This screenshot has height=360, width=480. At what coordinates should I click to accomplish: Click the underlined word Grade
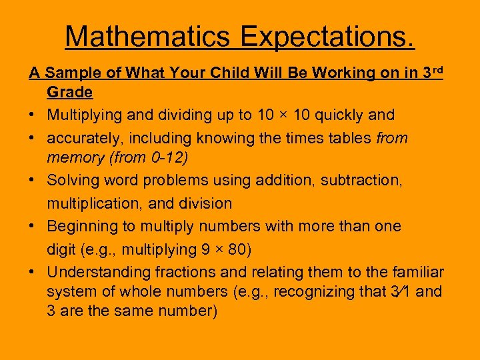click(69, 91)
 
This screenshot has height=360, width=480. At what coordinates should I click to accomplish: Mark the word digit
click(61, 249)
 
